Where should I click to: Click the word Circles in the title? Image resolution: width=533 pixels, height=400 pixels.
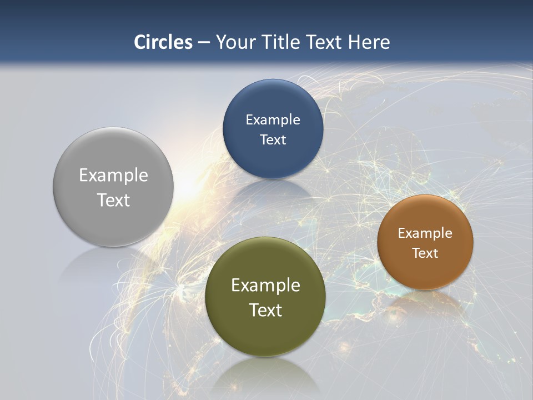[163, 42]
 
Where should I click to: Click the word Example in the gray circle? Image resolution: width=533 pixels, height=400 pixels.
[113, 175]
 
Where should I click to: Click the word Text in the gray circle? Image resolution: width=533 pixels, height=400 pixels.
[113, 200]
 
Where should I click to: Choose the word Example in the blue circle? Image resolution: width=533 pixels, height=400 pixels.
[273, 119]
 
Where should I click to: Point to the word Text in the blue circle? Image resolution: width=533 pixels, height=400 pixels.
[273, 139]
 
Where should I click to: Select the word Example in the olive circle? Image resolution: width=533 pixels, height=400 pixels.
[265, 285]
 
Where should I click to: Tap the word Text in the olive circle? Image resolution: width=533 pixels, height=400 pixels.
[265, 310]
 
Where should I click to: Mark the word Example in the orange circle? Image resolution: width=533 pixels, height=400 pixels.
[425, 233]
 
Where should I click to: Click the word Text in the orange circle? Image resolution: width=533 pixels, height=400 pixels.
[425, 253]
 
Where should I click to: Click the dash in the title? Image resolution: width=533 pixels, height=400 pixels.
[204, 42]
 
